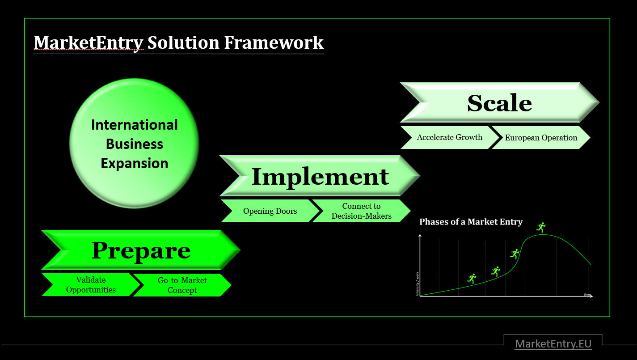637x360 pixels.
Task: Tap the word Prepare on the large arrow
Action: point(141,250)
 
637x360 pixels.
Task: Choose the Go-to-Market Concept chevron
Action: point(182,285)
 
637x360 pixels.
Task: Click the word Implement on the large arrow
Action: point(320,176)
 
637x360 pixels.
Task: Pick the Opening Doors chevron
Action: point(270,211)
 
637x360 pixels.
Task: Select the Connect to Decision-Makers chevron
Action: point(361,211)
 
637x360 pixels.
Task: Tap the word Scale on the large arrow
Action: point(499,103)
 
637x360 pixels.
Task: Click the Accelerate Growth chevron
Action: point(449,137)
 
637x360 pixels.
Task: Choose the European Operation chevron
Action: point(541,138)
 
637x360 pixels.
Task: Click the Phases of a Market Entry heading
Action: point(471,222)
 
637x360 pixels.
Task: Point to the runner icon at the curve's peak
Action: point(541,227)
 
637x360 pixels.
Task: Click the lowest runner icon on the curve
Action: point(472,279)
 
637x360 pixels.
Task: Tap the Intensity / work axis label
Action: point(418,284)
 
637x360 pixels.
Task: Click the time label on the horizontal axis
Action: point(587,294)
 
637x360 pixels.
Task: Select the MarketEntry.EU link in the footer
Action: point(553,343)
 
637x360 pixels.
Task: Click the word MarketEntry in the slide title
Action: point(89,42)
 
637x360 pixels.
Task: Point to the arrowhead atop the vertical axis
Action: point(420,236)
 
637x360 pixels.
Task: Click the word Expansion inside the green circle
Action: point(134,163)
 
